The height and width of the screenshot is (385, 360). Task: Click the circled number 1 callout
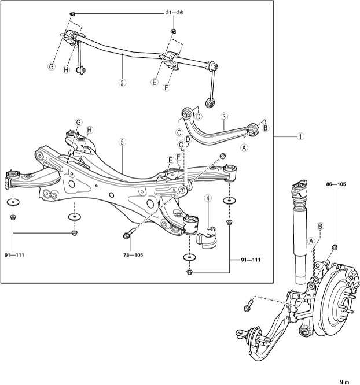point(300,137)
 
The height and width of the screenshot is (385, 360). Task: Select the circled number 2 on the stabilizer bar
point(122,82)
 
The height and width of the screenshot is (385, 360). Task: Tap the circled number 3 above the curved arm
point(223,116)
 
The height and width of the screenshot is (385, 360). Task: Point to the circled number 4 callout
point(207,199)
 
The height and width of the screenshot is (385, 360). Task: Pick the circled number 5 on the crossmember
point(122,141)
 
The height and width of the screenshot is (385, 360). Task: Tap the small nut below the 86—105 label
point(335,247)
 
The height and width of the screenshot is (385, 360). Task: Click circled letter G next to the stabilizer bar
point(51,66)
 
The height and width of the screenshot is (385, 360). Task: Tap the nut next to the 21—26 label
point(70,13)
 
